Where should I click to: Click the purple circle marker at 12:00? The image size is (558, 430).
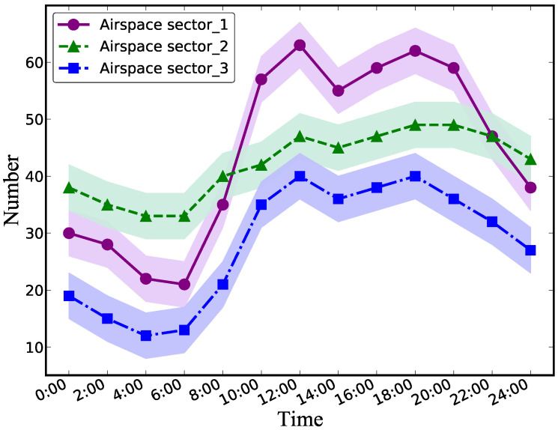coord(300,45)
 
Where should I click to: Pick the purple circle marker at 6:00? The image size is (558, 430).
coord(184,285)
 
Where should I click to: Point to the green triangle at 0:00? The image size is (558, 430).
coord(69,187)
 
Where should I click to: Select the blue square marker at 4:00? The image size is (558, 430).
coord(146,336)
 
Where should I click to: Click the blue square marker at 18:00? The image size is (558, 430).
coord(415,176)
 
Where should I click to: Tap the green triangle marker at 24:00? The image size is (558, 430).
coord(530,159)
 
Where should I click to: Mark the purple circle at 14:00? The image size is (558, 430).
coord(338,91)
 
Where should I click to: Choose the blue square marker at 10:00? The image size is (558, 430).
coord(261,205)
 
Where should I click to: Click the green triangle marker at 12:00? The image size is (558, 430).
coord(300,136)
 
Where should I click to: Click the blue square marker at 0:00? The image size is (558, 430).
coord(69,296)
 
